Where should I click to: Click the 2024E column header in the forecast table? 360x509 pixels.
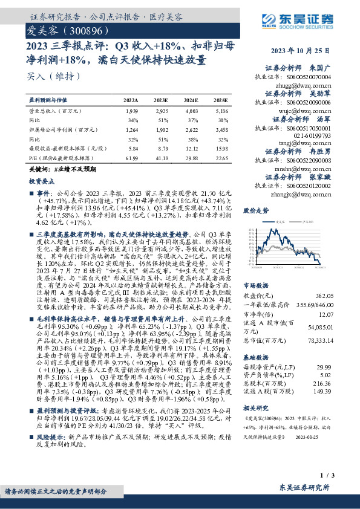coord(191,100)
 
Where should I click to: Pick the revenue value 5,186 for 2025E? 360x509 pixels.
coord(221,112)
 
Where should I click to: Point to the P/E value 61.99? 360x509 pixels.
coord(131,158)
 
